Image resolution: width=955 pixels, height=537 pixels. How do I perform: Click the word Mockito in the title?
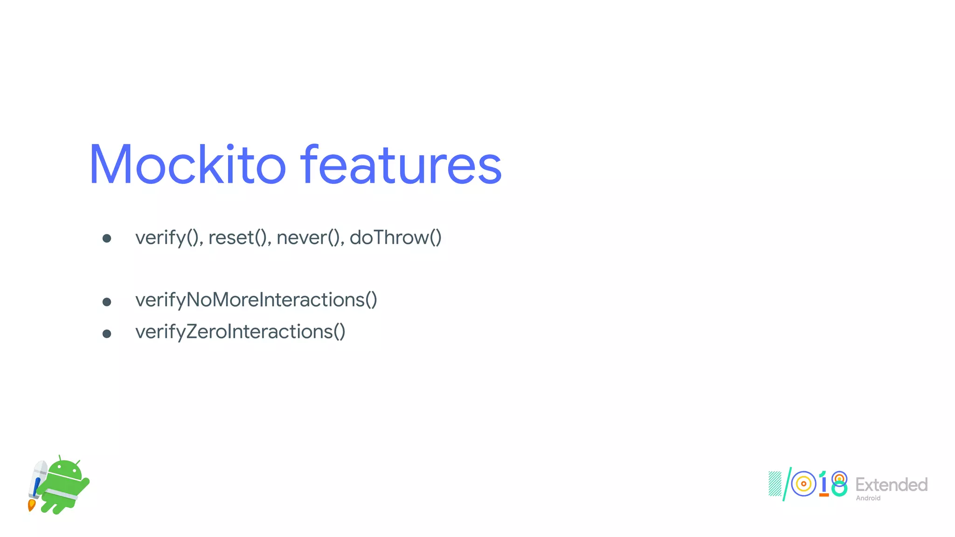click(x=187, y=165)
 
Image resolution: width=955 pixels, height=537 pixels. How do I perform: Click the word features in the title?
click(x=401, y=165)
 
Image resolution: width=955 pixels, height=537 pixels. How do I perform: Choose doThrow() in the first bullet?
click(x=395, y=238)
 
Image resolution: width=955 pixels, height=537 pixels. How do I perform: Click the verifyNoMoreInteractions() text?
click(x=256, y=300)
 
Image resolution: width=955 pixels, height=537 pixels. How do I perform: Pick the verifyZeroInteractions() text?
click(x=240, y=332)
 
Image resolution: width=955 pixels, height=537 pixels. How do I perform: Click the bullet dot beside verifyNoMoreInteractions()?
click(x=107, y=302)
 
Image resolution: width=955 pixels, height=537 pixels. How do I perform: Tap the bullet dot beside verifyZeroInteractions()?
click(x=107, y=334)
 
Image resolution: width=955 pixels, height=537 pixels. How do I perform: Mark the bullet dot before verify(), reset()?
click(x=107, y=239)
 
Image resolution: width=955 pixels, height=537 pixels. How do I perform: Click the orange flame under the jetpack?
click(x=32, y=505)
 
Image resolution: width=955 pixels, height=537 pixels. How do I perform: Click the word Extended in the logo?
click(x=891, y=485)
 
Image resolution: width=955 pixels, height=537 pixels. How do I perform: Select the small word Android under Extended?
click(x=868, y=498)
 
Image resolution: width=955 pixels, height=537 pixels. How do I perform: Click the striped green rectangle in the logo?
click(x=775, y=484)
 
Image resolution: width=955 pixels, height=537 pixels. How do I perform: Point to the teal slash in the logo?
click(x=787, y=484)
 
